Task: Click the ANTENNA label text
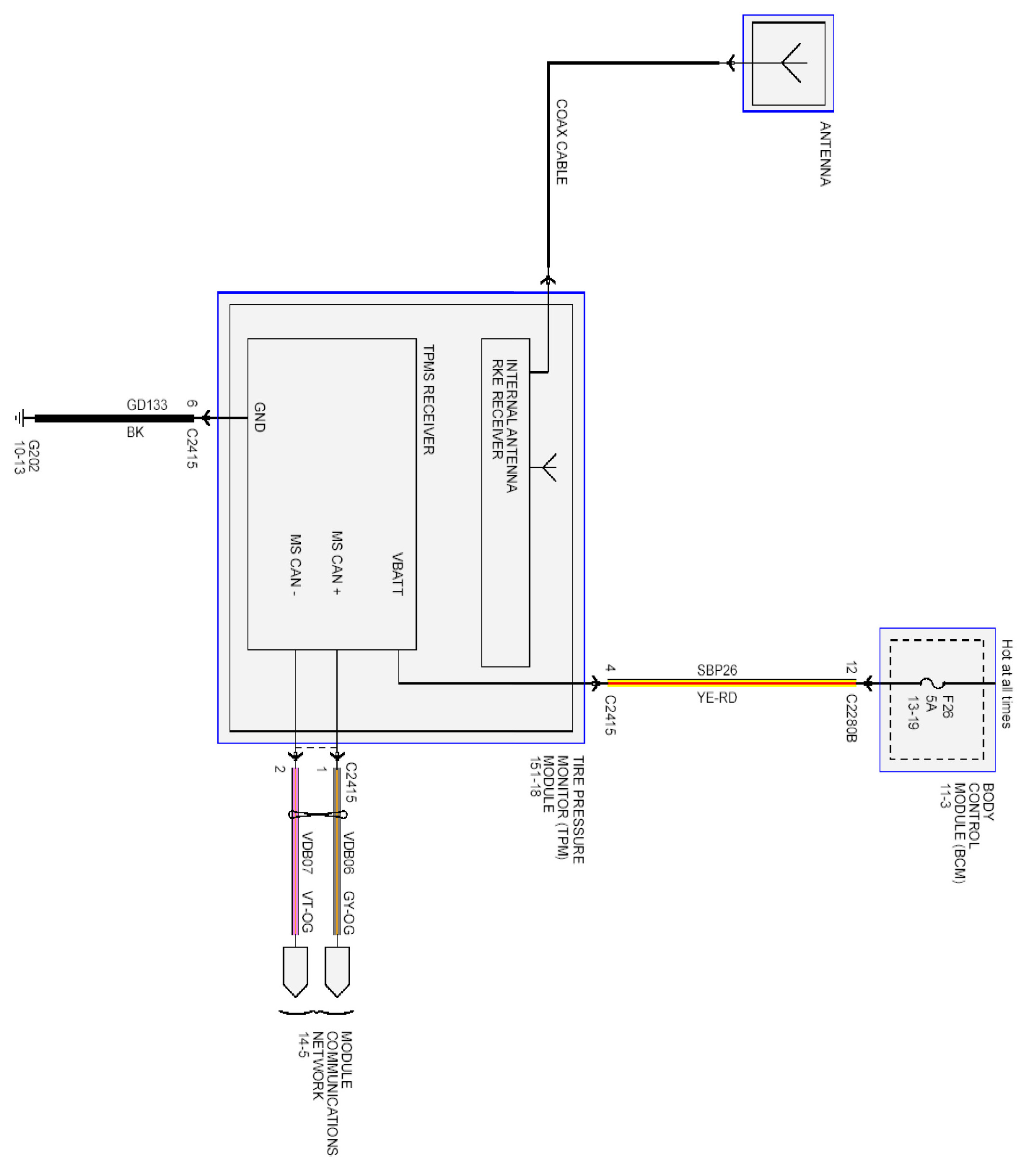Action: coord(825,154)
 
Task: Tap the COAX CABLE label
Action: coord(561,143)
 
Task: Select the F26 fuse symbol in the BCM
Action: coord(932,683)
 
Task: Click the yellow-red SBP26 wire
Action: coord(732,683)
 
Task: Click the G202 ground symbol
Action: coord(21,418)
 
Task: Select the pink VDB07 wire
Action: coord(296,861)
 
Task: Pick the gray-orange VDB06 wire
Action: coord(337,861)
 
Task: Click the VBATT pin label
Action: coord(397,573)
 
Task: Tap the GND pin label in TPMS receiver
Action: coord(259,417)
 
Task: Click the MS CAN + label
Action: coord(337,562)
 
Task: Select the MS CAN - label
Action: coord(295,565)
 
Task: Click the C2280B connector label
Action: coord(851,718)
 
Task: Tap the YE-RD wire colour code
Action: coord(717,698)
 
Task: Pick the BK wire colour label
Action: coord(135,432)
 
